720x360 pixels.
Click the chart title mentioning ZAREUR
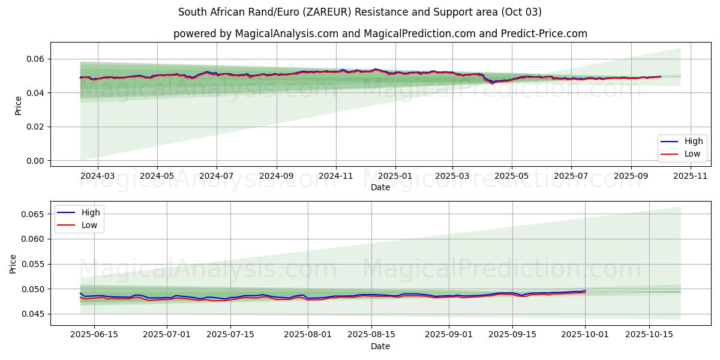coord(360,12)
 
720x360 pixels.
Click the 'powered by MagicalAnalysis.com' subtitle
coord(380,34)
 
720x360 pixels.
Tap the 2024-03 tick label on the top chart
coord(97,176)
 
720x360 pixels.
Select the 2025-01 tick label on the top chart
coord(395,176)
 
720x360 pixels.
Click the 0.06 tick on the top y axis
coord(34,59)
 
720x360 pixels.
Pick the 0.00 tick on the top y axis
coord(34,161)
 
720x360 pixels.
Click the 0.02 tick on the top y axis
coord(34,127)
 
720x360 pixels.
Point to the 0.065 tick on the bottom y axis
coord(32,214)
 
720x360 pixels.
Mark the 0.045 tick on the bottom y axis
coord(32,314)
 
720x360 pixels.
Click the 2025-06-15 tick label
coord(94,335)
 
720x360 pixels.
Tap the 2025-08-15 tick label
coord(372,335)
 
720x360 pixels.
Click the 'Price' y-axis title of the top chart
coord(18,106)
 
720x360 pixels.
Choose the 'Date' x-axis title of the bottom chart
coord(380,346)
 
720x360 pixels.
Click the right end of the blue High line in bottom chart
coord(585,290)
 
